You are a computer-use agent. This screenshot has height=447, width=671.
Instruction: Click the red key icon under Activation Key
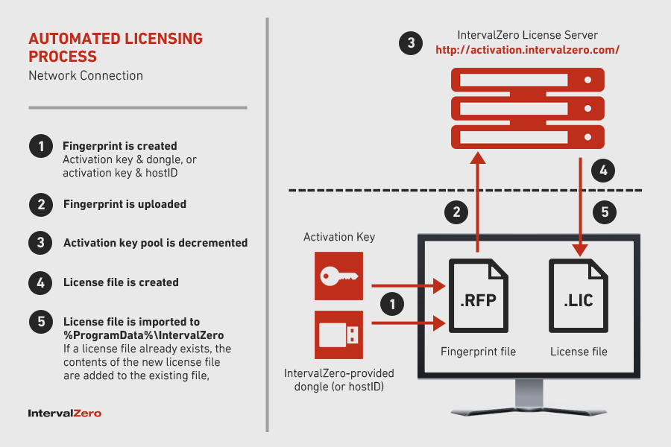(338, 276)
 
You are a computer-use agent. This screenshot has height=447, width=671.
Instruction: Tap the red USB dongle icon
(338, 335)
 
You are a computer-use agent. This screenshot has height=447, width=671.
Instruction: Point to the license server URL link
(528, 50)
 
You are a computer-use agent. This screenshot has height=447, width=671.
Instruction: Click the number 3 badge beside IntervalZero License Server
(411, 42)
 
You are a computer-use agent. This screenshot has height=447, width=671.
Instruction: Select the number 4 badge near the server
(603, 171)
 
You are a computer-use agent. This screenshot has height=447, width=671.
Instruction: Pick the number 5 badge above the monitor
(605, 212)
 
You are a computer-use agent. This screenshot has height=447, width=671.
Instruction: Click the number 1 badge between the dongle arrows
(393, 303)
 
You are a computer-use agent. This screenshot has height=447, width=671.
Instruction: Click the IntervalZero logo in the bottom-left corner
(64, 413)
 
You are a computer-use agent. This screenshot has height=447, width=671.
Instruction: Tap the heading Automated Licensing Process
(116, 47)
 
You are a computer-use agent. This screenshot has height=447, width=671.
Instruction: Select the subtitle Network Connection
(86, 75)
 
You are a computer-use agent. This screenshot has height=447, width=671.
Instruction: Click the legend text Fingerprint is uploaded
(125, 204)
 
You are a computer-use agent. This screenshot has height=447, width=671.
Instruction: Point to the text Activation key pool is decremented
(155, 243)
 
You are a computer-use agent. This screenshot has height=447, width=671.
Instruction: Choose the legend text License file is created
(121, 282)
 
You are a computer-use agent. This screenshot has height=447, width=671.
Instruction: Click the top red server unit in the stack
(527, 79)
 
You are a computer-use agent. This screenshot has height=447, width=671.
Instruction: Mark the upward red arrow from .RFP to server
(476, 201)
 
